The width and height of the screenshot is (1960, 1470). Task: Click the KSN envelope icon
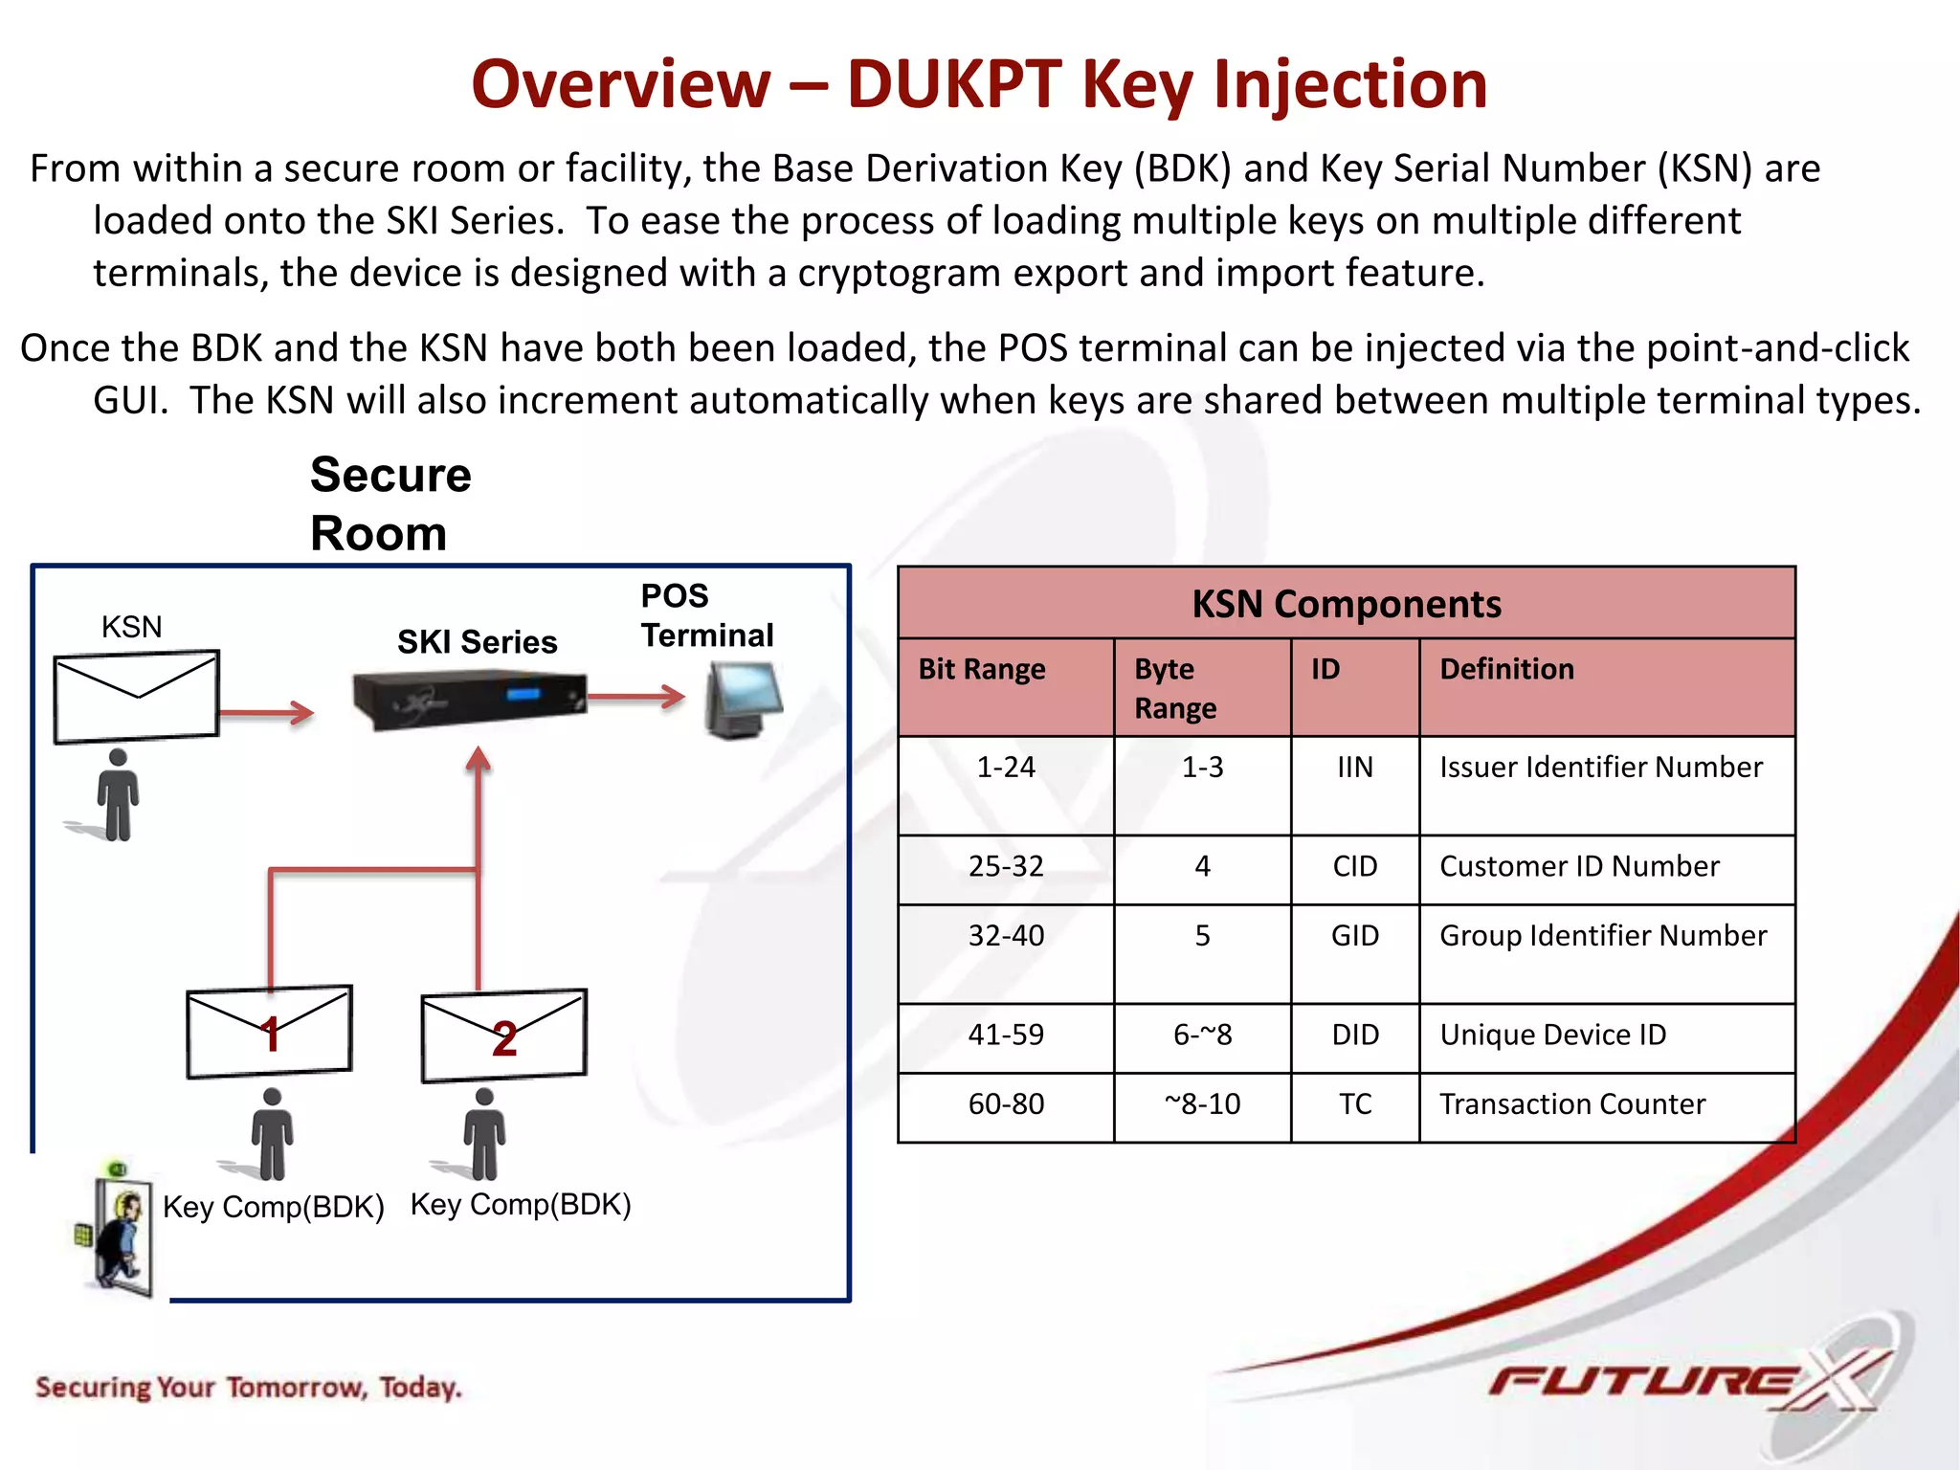(137, 696)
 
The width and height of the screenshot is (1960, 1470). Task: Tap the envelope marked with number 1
(269, 1032)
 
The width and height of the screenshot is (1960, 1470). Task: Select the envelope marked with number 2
(503, 1036)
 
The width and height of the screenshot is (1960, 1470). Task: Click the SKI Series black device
(469, 700)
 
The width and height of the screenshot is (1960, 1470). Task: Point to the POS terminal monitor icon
(743, 701)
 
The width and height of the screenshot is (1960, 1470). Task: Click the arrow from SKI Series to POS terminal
(635, 697)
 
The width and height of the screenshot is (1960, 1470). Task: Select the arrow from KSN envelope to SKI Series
(267, 712)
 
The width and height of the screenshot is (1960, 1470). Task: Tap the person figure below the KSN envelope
(118, 795)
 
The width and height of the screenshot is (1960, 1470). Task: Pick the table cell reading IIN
(1354, 768)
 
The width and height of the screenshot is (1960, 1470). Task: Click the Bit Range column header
(982, 669)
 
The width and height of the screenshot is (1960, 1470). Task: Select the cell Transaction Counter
(1571, 1104)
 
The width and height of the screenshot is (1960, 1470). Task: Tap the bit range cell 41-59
(1006, 1035)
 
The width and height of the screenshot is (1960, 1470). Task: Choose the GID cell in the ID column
(1354, 936)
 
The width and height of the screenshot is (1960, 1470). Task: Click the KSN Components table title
(1346, 604)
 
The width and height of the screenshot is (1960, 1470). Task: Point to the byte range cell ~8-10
(1202, 1104)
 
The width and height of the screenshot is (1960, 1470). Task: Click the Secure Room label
(390, 503)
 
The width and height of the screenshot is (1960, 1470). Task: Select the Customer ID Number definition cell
(1579, 867)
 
